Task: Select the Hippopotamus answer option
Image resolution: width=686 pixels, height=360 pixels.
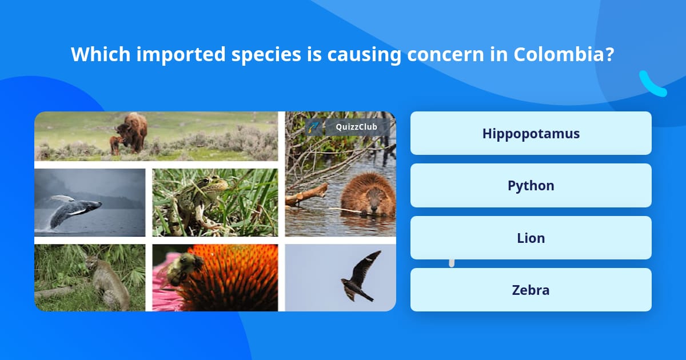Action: [x=531, y=133]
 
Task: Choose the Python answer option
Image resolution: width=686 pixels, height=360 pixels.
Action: [x=531, y=186]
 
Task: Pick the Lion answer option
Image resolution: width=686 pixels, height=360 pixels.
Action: [x=531, y=238]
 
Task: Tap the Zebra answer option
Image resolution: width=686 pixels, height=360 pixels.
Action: [x=531, y=290]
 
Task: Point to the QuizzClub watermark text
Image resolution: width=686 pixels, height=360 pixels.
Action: [x=356, y=127]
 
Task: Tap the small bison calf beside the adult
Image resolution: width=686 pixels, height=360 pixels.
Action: [x=115, y=145]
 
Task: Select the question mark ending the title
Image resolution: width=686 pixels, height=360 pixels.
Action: [x=609, y=54]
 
